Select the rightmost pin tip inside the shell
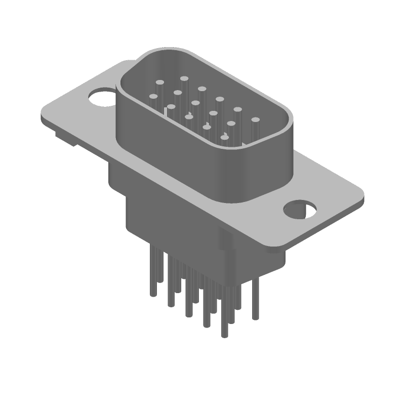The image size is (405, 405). tap(255, 120)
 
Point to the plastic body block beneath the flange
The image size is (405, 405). tap(167, 213)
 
